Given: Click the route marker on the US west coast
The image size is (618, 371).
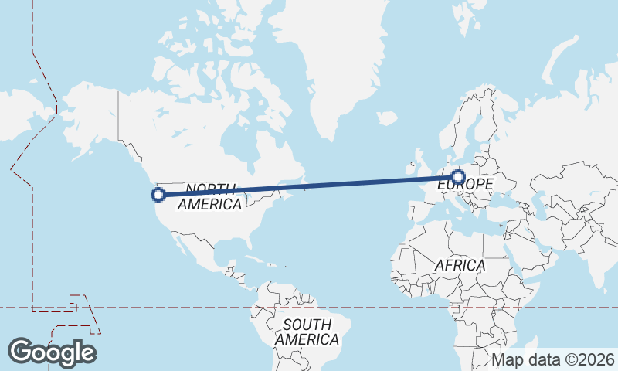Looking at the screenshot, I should point(158,195).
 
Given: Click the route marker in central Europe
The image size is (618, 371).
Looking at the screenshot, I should point(459,177).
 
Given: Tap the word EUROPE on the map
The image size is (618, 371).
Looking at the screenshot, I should point(465,185).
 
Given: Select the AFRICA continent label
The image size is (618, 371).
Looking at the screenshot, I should point(460,265).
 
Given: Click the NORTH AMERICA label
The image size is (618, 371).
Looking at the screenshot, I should point(210,197).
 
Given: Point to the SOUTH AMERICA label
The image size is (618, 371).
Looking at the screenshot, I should point(307,332).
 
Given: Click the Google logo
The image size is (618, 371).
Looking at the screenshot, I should point(52,352).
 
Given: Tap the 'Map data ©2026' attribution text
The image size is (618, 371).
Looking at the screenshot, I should point(553,359).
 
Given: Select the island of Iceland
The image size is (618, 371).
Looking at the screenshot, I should point(387,118).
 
